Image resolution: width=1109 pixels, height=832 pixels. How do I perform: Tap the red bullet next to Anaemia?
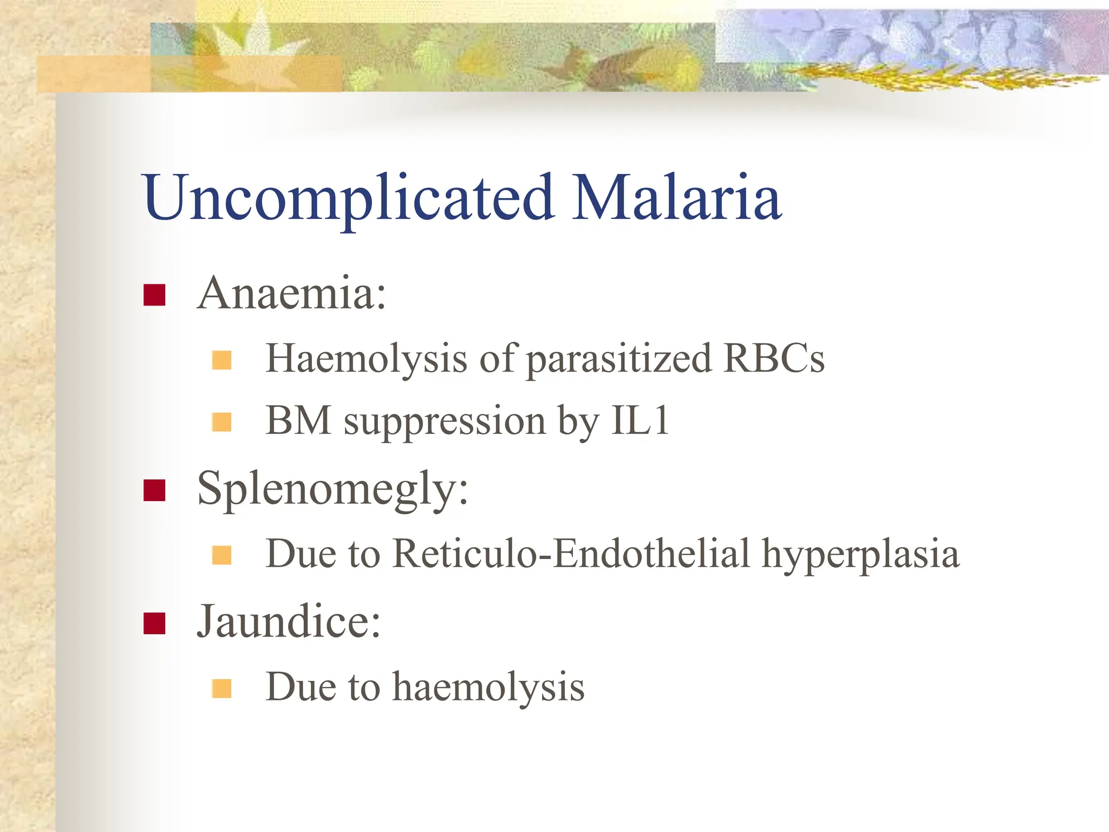point(154,295)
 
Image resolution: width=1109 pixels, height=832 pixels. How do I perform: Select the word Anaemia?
point(291,294)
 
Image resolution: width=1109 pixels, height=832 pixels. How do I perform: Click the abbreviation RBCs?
point(774,359)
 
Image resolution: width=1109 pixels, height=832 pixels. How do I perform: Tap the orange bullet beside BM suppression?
point(221,422)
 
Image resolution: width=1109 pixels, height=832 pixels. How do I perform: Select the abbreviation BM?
point(298,421)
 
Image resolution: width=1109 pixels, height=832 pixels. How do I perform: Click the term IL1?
point(641,421)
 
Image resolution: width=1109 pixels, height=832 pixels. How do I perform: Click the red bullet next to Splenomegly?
point(154,490)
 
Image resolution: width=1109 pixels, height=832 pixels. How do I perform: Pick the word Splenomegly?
point(332,489)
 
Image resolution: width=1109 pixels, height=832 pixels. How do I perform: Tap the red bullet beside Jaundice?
point(154,623)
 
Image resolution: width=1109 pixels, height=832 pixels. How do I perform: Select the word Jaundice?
point(288,622)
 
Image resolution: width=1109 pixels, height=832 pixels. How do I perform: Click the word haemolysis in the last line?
point(488,687)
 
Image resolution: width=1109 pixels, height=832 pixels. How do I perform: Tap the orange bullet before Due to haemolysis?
point(221,688)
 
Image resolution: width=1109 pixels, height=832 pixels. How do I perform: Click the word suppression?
point(445,422)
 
